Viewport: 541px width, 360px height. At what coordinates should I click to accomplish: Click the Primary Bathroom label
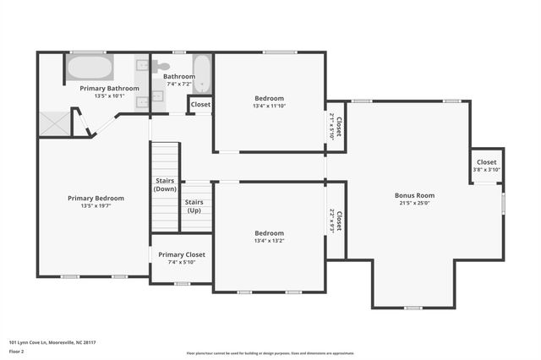tap(109, 88)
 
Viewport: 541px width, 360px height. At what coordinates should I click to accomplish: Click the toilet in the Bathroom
tap(161, 65)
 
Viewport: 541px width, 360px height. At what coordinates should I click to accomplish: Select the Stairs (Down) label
tap(165, 184)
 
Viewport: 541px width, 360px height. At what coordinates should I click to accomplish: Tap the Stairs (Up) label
tap(194, 206)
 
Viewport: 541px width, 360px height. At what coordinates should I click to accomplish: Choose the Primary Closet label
tap(182, 254)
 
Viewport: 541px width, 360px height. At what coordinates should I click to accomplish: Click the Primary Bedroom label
tap(96, 198)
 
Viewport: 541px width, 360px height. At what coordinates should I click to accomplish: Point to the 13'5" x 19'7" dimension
tap(96, 205)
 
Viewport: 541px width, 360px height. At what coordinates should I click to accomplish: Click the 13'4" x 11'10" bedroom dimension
tap(269, 106)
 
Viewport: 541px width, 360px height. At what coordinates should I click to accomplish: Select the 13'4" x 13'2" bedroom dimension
tap(269, 241)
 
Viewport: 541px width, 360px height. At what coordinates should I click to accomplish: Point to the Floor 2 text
tap(17, 351)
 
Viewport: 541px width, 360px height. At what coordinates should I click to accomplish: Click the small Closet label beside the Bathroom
tap(200, 105)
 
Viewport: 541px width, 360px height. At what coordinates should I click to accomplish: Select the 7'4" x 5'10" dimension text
tap(182, 262)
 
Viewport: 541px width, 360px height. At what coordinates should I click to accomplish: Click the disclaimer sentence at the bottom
tap(270, 353)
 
